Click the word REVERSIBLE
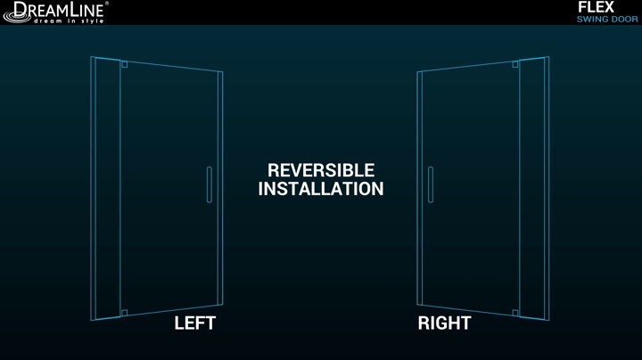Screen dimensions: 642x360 tap(321, 170)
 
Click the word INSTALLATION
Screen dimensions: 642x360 tap(321, 189)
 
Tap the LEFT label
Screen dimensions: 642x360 tap(195, 323)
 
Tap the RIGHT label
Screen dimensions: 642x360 tap(444, 323)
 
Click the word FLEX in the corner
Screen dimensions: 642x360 tap(596, 7)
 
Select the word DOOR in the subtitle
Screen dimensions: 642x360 tap(623, 20)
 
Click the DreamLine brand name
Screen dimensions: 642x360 tap(59, 9)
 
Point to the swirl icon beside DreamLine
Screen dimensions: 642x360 tap(16, 16)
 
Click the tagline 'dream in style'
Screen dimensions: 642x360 tap(69, 20)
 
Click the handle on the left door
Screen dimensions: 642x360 tap(210, 184)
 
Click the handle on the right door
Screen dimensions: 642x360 tap(431, 184)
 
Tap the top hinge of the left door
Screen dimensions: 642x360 tap(125, 64)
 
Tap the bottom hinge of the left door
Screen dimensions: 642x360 tap(125, 313)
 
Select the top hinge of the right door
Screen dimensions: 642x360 tap(515, 64)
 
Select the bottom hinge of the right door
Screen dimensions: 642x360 tap(515, 313)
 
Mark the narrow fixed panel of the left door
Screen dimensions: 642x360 tap(105, 188)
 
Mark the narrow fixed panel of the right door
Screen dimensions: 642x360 tap(534, 188)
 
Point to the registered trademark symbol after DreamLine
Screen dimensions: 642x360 tap(107, 4)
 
